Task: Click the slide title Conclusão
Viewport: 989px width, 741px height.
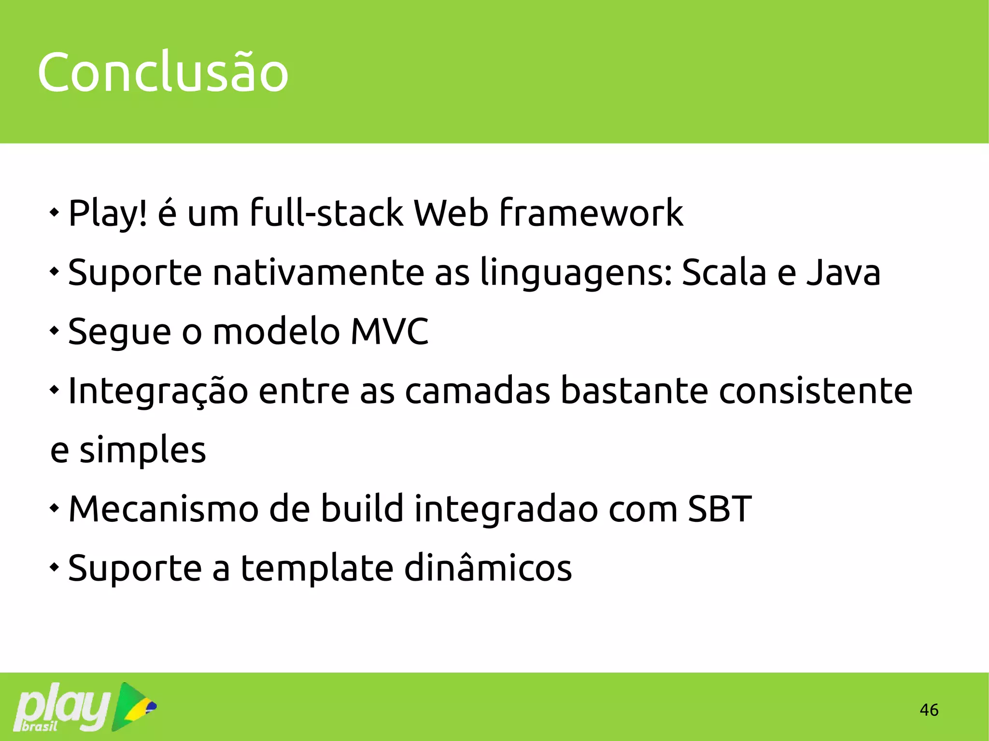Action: (163, 72)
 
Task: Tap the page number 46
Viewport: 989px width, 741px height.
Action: (929, 710)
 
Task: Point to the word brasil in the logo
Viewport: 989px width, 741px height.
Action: (40, 726)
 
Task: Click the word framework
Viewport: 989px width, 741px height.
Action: (591, 213)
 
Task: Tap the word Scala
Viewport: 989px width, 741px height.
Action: (723, 272)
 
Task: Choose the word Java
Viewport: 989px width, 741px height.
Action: (843, 272)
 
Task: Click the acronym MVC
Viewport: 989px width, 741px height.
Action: (389, 332)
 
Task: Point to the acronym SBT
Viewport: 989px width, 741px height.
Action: (719, 509)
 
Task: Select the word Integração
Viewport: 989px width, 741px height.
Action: (158, 391)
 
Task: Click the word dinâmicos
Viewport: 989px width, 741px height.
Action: (488, 568)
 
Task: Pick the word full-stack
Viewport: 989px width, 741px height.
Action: (326, 213)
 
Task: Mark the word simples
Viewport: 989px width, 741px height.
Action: (142, 450)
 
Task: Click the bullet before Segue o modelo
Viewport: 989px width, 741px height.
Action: (55, 331)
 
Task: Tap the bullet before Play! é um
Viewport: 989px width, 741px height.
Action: (55, 212)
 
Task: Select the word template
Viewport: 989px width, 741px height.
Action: (317, 569)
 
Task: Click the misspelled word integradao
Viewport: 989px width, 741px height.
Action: (506, 510)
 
